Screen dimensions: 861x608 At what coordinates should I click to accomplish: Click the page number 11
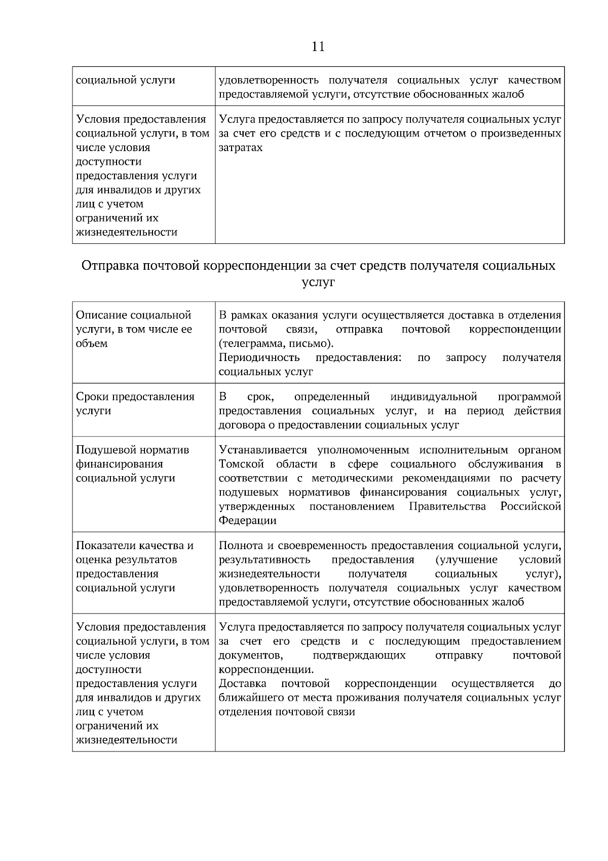point(318,47)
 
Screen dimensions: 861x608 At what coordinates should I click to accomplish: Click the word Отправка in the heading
point(110,266)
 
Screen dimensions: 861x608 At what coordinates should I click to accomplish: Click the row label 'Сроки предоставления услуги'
point(135,404)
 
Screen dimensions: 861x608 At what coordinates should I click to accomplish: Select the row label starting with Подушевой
point(132,464)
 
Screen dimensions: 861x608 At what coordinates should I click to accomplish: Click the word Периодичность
point(259,358)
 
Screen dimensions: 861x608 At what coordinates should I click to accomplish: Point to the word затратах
point(241,148)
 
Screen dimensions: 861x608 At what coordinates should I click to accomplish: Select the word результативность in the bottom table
point(264,560)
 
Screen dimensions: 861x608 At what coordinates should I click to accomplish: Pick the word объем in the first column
point(92,344)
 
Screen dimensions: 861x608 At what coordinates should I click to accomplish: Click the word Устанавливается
point(263,450)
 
